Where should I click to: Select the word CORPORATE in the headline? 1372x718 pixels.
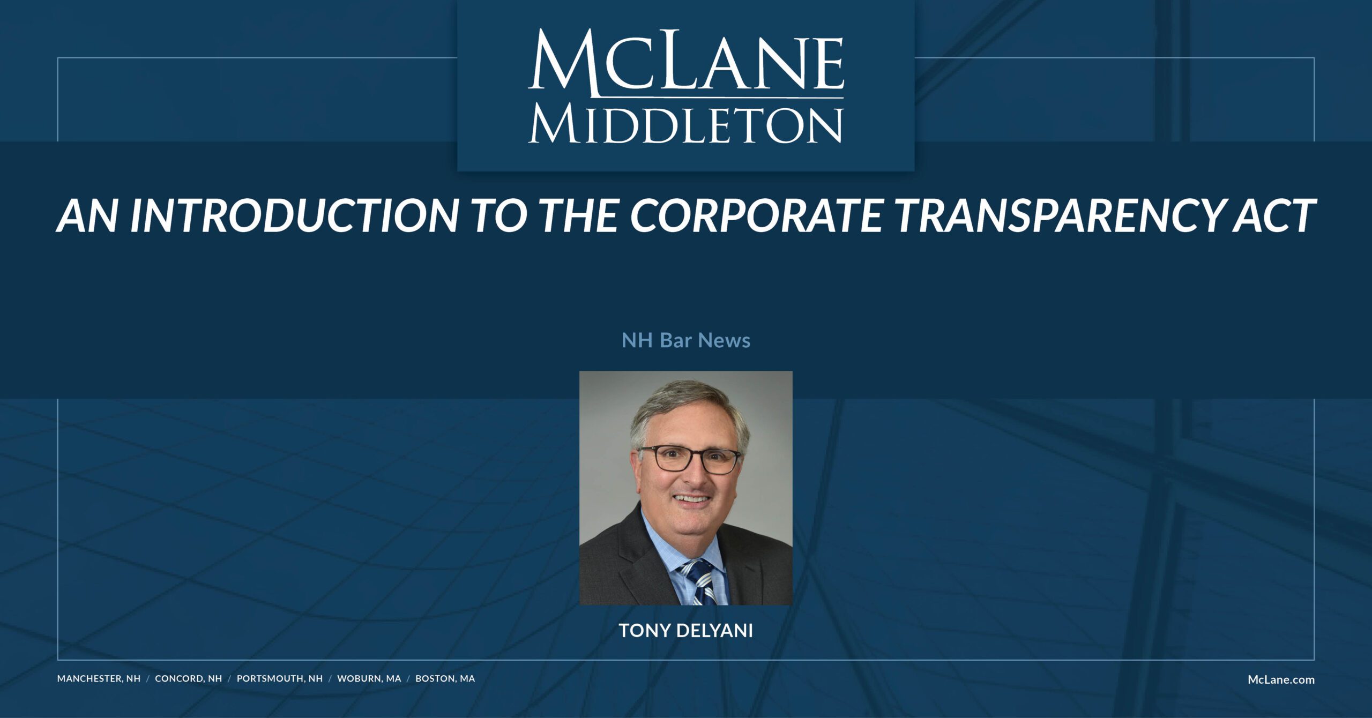(755, 215)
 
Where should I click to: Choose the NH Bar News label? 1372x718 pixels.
(685, 340)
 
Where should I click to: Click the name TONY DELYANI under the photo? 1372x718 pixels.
(685, 631)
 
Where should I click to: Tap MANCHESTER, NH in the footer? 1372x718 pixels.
(99, 678)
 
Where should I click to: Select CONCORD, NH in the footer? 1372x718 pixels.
(188, 678)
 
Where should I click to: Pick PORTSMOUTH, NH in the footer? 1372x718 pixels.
(279, 678)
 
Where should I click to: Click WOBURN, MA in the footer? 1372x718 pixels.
(369, 678)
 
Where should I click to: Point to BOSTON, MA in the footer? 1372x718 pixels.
(445, 678)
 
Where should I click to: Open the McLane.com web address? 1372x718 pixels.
(1281, 679)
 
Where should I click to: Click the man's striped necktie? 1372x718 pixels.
(699, 584)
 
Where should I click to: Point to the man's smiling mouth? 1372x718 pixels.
(692, 500)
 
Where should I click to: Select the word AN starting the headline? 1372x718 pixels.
(86, 215)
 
